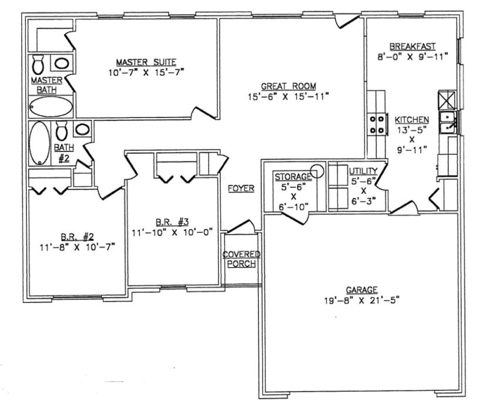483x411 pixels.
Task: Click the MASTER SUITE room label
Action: (146, 61)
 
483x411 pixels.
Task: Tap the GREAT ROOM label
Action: (289, 86)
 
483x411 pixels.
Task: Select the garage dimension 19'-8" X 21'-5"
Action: (361, 299)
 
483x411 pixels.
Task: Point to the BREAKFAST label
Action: (420, 47)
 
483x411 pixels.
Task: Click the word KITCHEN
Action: (412, 119)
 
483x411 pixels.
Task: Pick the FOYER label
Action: (241, 188)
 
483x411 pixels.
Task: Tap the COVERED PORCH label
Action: (241, 259)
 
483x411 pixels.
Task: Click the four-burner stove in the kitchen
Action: (377, 123)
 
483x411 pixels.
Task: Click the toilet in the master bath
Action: (39, 63)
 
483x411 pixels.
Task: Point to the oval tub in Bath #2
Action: (41, 143)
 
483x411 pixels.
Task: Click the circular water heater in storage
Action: (317, 171)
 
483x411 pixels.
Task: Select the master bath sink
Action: (62, 62)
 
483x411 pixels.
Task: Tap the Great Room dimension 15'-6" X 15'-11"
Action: (289, 96)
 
